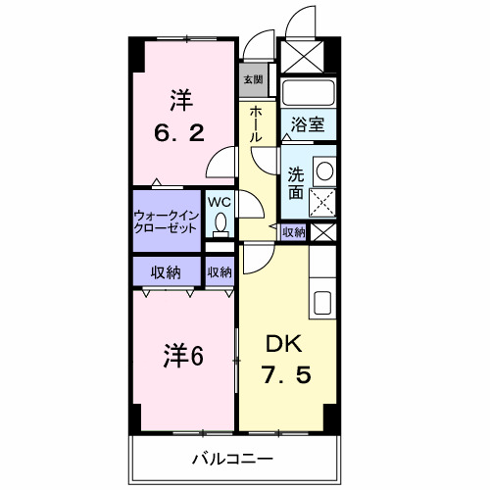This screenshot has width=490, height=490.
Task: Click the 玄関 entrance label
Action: pos(253,78)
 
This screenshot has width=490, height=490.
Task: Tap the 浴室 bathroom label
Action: pos(308,124)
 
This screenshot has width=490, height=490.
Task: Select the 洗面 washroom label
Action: pos(295,183)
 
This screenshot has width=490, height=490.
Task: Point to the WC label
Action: pos(220,203)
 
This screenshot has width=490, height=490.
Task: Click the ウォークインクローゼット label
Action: pos(167,220)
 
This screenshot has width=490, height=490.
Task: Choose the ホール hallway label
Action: pos(255,124)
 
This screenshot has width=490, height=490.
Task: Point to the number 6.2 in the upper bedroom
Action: pos(178,131)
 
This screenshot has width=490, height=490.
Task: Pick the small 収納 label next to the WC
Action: pos(220,271)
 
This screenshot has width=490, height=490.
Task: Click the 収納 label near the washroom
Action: pos(293,232)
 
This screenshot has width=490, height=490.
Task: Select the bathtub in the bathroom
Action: pos(309,95)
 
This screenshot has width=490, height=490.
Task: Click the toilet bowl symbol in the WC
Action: pos(220,224)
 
